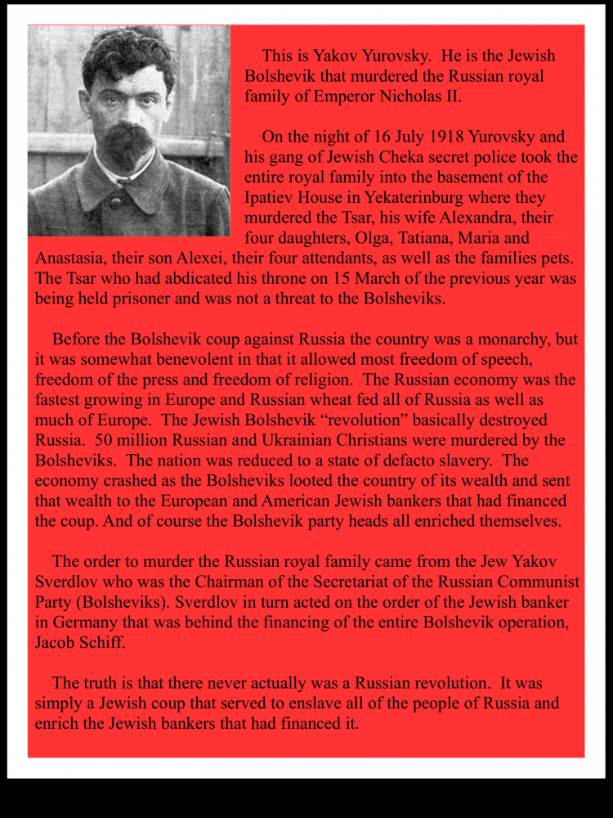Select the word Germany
click(84, 622)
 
